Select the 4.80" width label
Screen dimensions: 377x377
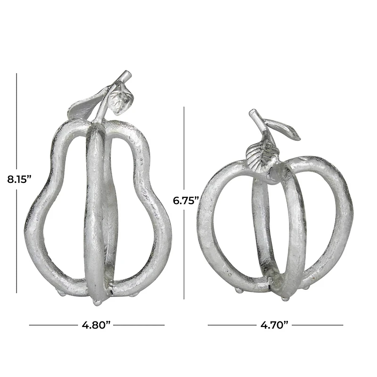coord(97,325)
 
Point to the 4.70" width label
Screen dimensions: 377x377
coord(275,325)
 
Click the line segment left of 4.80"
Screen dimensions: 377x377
coord(52,325)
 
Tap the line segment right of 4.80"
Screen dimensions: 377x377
coord(141,325)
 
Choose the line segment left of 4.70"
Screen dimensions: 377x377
coord(231,325)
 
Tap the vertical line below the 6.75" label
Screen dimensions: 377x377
coord(184,254)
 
